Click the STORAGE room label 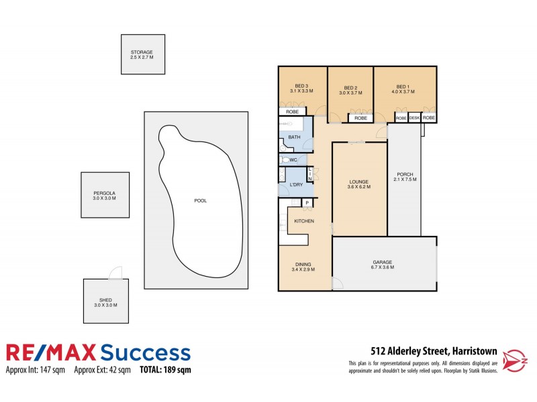142,52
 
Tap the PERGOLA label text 105,193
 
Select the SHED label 105,299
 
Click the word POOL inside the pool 200,200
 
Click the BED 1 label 402,86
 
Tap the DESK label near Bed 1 414,118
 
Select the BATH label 295,137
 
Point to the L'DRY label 296,184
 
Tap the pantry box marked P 307,203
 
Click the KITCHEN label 303,221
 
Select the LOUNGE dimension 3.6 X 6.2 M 358,186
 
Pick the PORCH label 405,174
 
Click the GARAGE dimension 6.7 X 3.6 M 383,267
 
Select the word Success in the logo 145,352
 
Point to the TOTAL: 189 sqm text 165,369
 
